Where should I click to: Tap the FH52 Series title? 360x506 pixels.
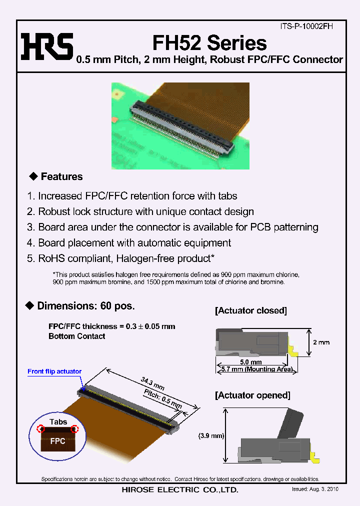[x=209, y=43]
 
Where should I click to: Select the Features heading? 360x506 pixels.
[x=61, y=176]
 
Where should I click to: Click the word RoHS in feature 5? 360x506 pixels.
[x=51, y=258]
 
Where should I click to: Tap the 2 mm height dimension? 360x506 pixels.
[x=321, y=342]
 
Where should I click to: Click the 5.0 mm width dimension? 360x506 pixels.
[x=250, y=362]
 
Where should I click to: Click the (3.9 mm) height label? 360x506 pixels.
[x=210, y=435]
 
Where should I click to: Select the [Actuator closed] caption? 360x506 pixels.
[x=251, y=310]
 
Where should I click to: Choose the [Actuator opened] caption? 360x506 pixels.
[x=252, y=395]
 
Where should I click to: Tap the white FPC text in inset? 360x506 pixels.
[x=58, y=442]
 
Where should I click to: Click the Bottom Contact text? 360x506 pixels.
[x=76, y=336]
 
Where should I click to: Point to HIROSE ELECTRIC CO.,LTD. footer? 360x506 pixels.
[x=180, y=490]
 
